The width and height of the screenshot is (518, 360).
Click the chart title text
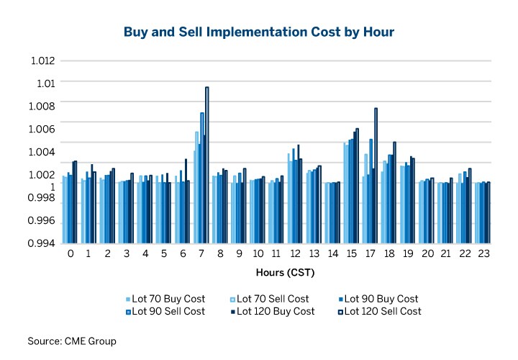point(258,32)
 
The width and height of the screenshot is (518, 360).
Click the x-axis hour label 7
point(201,255)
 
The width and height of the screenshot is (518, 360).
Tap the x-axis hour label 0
point(71,255)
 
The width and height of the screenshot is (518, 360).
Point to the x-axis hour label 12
point(296,255)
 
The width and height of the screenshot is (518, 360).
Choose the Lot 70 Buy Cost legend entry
point(165,299)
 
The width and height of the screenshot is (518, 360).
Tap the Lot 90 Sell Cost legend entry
point(165,312)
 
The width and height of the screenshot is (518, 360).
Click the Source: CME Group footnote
point(72,341)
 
